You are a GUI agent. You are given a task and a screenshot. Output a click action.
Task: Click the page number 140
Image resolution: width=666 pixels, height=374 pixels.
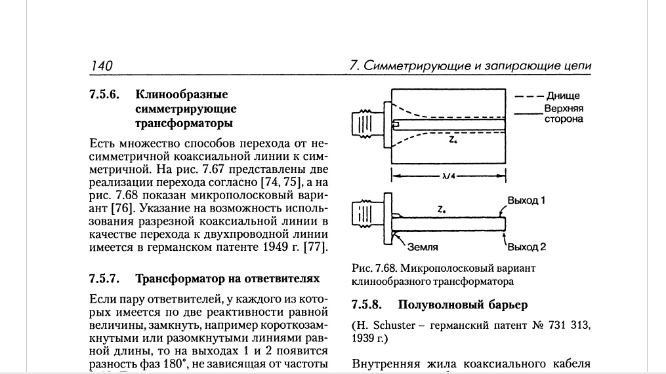pos(102,65)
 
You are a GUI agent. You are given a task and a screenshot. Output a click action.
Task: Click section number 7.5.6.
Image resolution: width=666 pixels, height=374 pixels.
pos(104,94)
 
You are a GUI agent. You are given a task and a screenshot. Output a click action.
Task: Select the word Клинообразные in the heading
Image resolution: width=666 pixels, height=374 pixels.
pos(182,94)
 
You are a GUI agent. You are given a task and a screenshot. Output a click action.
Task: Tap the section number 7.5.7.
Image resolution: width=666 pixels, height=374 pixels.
pos(104,278)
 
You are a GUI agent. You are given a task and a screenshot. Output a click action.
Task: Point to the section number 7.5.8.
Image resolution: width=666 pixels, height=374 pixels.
pos(367,305)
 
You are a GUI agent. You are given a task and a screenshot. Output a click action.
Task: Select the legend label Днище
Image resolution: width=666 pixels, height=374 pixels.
pos(563,96)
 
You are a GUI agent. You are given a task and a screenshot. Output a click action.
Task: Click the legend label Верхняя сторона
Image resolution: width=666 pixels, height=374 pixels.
pos(564,114)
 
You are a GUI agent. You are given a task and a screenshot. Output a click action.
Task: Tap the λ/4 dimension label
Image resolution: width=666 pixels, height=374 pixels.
pos(449,176)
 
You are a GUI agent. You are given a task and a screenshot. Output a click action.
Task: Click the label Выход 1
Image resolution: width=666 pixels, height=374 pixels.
pos(526,200)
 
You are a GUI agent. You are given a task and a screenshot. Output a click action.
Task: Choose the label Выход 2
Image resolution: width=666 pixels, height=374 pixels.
pos(527,247)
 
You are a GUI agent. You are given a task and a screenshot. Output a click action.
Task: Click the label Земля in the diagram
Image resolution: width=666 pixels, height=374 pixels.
pos(423,247)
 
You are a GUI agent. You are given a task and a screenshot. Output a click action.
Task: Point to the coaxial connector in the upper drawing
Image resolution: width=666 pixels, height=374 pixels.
pos(368,124)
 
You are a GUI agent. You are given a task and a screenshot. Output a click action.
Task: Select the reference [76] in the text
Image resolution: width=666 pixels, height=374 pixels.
pos(122,208)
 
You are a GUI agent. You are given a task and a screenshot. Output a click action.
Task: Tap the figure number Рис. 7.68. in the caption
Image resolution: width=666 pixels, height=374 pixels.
pos(374,269)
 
